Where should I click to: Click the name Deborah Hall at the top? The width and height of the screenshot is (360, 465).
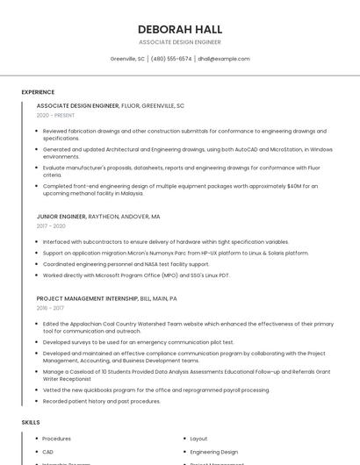tap(180, 29)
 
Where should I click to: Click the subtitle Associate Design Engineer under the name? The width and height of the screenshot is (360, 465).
tap(180, 42)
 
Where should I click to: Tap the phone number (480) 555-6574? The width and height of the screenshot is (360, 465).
tap(171, 59)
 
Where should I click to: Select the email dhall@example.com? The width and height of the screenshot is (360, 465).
tap(224, 59)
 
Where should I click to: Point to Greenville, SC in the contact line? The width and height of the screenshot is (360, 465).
tap(127, 59)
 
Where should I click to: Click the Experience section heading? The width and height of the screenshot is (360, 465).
tap(38, 92)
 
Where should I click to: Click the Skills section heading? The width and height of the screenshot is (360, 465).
tap(31, 422)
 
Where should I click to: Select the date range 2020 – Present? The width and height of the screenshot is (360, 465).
tap(55, 115)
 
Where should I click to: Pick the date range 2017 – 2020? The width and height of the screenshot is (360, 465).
tap(51, 225)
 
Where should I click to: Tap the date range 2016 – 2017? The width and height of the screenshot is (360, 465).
tap(51, 308)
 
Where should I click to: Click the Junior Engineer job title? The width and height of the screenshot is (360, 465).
tap(61, 216)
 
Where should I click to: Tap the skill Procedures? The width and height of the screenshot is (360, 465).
tap(56, 439)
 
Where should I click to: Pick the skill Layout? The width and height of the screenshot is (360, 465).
tap(198, 439)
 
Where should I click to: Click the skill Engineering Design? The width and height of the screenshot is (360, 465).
tap(214, 452)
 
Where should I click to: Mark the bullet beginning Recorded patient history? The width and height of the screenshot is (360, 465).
tap(101, 401)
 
